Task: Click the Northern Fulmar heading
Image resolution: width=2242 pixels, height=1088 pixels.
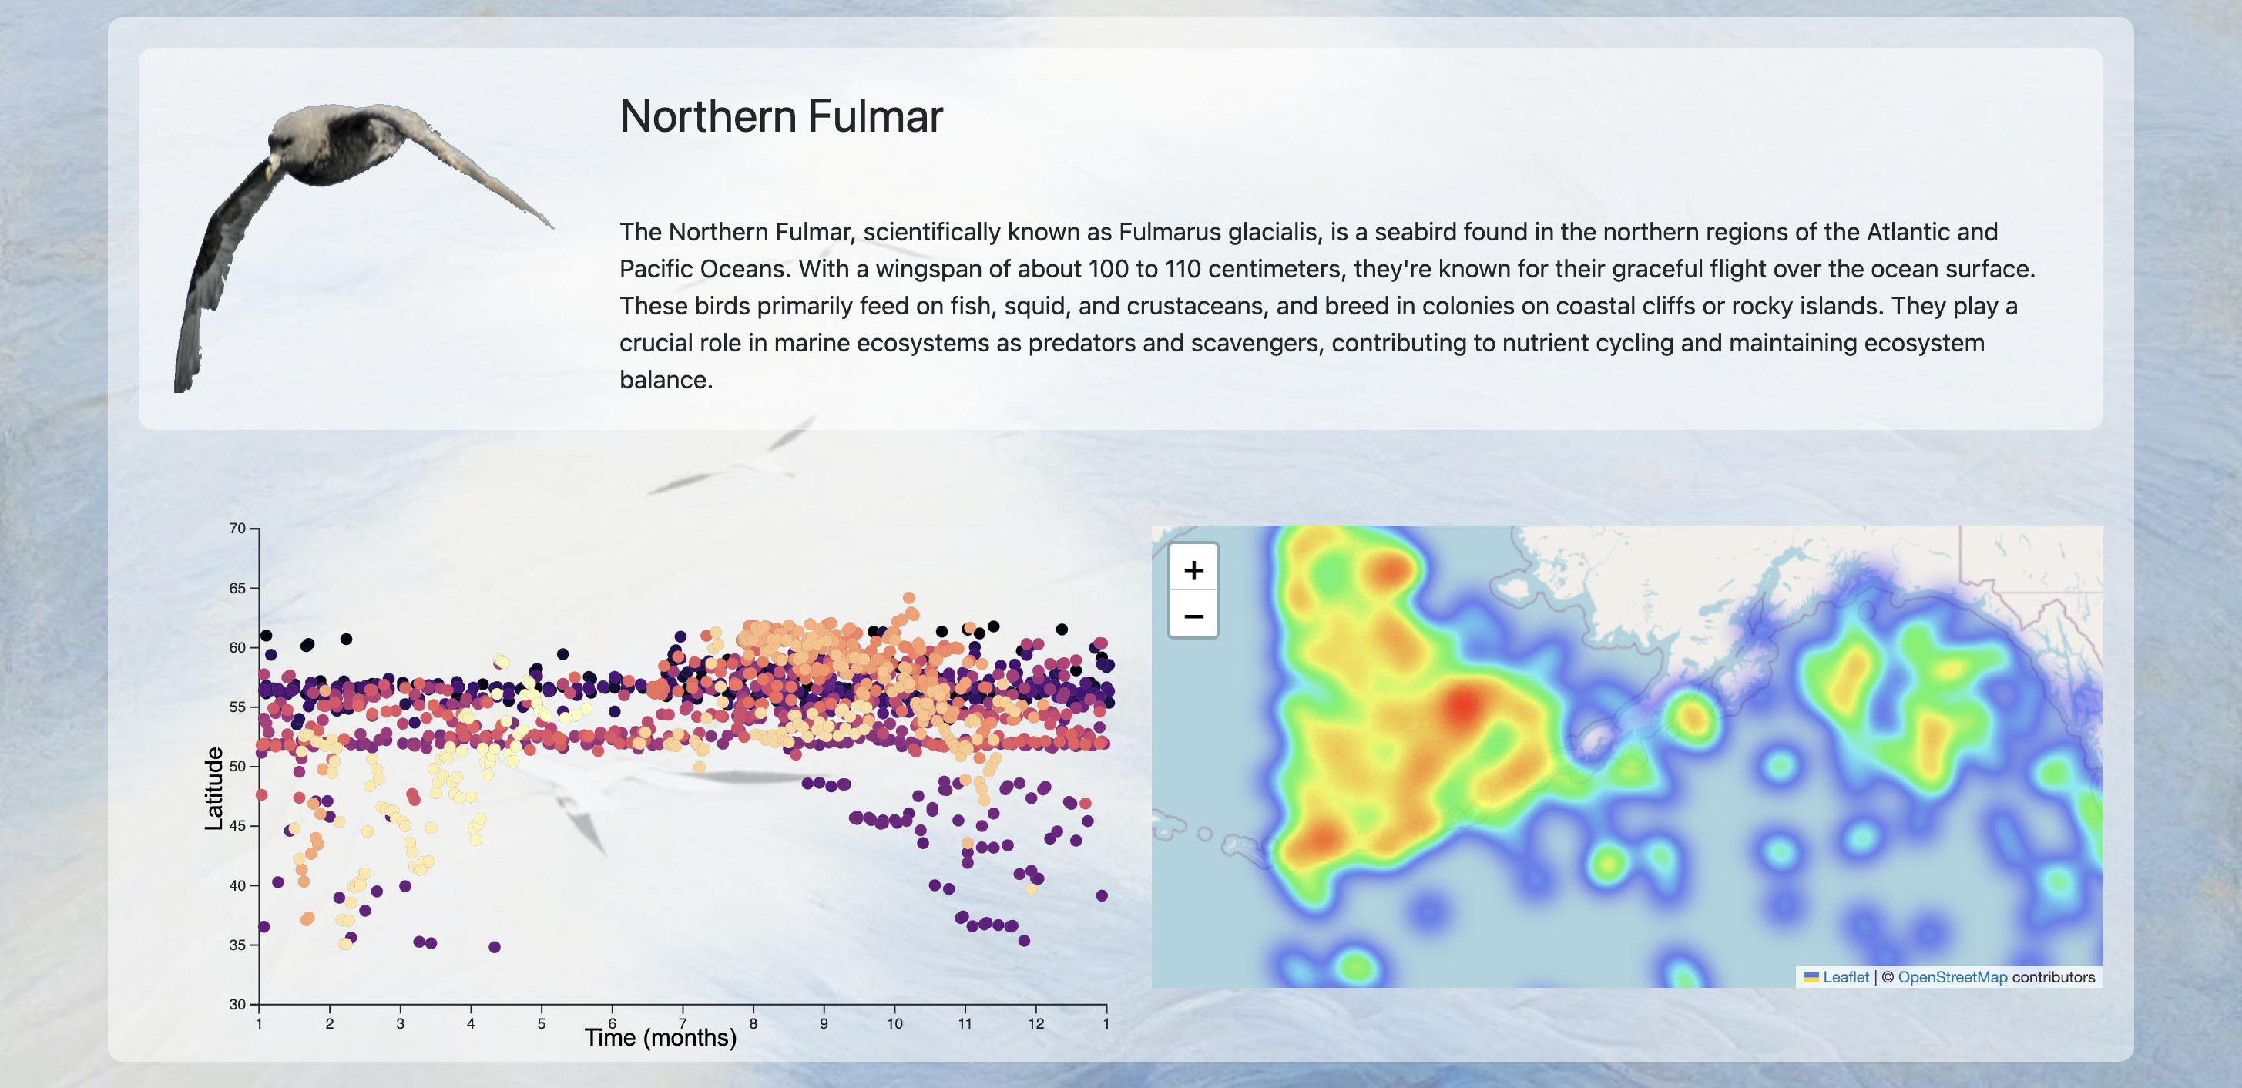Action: point(780,116)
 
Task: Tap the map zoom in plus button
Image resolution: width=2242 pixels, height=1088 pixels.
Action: point(1193,570)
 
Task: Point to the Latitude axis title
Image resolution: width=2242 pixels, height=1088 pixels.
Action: point(213,788)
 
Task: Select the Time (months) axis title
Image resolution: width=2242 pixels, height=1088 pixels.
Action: point(660,1037)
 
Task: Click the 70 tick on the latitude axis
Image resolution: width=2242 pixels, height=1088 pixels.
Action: point(237,529)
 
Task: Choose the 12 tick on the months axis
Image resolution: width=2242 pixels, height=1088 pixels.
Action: point(1035,1023)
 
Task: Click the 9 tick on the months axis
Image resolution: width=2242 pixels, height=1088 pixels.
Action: point(824,1023)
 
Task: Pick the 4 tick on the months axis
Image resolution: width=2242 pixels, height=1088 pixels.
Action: point(471,1023)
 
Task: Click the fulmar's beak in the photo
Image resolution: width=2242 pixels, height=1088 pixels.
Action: point(270,167)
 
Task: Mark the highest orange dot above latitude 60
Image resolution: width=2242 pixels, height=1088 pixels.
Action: point(908,598)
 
